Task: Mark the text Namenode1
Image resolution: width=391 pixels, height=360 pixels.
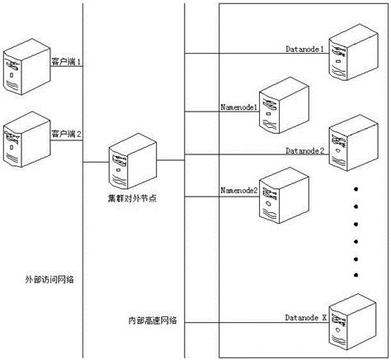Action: point(239,107)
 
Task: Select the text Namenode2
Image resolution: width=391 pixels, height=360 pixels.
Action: point(239,191)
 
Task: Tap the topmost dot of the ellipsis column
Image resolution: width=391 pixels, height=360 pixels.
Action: point(356,189)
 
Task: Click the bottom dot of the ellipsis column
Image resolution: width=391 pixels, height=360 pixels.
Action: point(356,275)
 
